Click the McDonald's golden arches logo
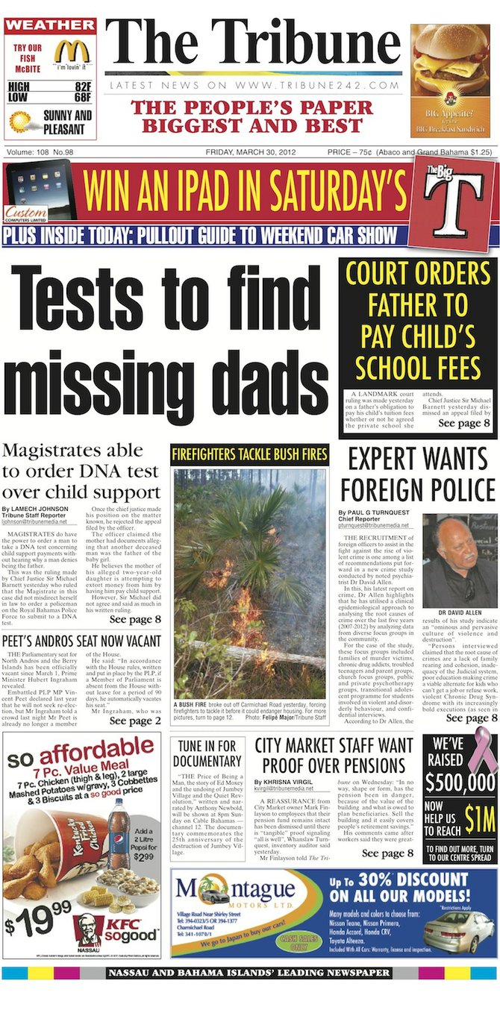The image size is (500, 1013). pyautogui.click(x=72, y=52)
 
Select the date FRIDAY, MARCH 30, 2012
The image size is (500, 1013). pyautogui.click(x=251, y=152)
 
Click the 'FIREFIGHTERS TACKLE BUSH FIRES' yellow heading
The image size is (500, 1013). pyautogui.click(x=250, y=453)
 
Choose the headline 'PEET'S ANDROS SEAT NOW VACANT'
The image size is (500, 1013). pyautogui.click(x=81, y=641)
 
